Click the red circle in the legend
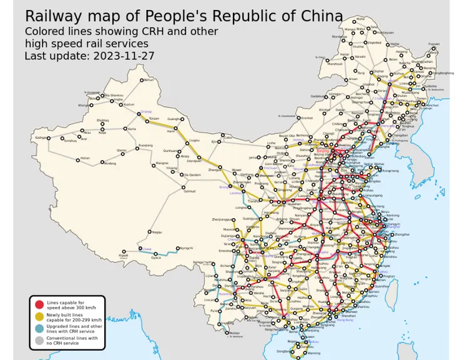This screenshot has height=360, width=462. tap(39, 304)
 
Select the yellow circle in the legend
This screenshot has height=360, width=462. tap(39, 316)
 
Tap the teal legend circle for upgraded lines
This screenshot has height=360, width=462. tap(39, 328)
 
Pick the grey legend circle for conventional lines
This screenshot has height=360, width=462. tap(39, 340)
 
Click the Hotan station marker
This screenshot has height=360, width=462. tap(78, 160)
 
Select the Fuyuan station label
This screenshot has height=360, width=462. tap(433, 44)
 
